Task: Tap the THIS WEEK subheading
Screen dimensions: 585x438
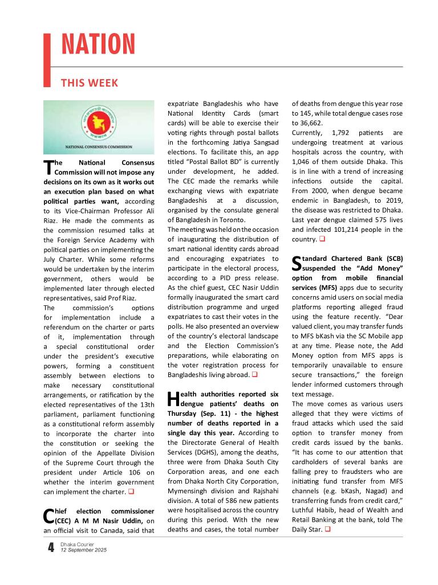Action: tap(90, 83)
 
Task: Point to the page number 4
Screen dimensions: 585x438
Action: tap(51, 548)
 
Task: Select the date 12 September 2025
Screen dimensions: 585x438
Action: tap(83, 550)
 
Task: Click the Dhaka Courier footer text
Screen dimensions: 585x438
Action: tap(77, 545)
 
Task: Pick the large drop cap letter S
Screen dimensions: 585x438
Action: tap(297, 263)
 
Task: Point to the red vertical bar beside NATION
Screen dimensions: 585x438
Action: tap(47, 59)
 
